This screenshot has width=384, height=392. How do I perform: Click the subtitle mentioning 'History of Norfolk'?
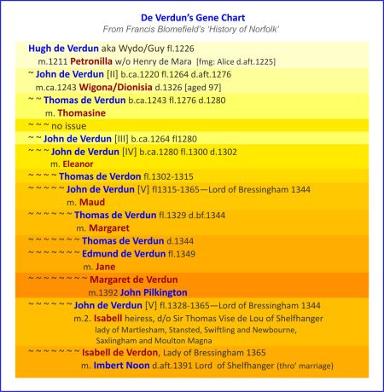[x=192, y=30]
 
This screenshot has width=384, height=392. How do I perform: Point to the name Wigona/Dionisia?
[x=106, y=87]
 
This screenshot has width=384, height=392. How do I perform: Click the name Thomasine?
[x=82, y=112]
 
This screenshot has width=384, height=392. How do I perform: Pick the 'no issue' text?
[x=69, y=125]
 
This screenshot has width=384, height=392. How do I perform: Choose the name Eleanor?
[x=78, y=164]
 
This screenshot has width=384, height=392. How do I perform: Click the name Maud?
[x=92, y=202]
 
